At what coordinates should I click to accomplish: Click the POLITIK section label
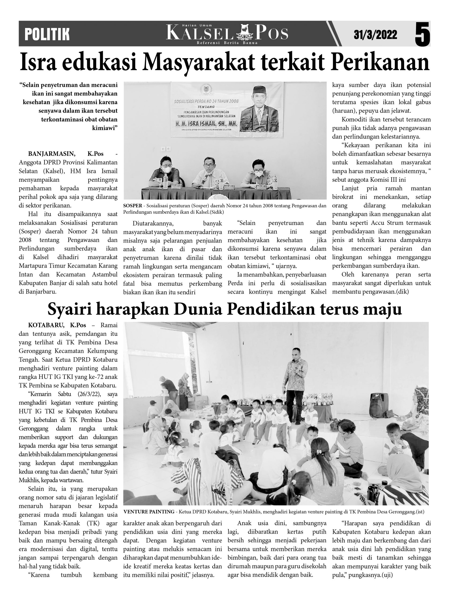[47, 34]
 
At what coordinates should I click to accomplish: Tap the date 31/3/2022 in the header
[375, 35]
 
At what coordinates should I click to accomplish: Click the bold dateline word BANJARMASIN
[52, 154]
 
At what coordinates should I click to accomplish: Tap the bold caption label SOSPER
[132, 206]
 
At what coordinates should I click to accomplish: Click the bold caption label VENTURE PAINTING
[149, 512]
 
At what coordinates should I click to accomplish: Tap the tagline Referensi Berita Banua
[227, 43]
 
